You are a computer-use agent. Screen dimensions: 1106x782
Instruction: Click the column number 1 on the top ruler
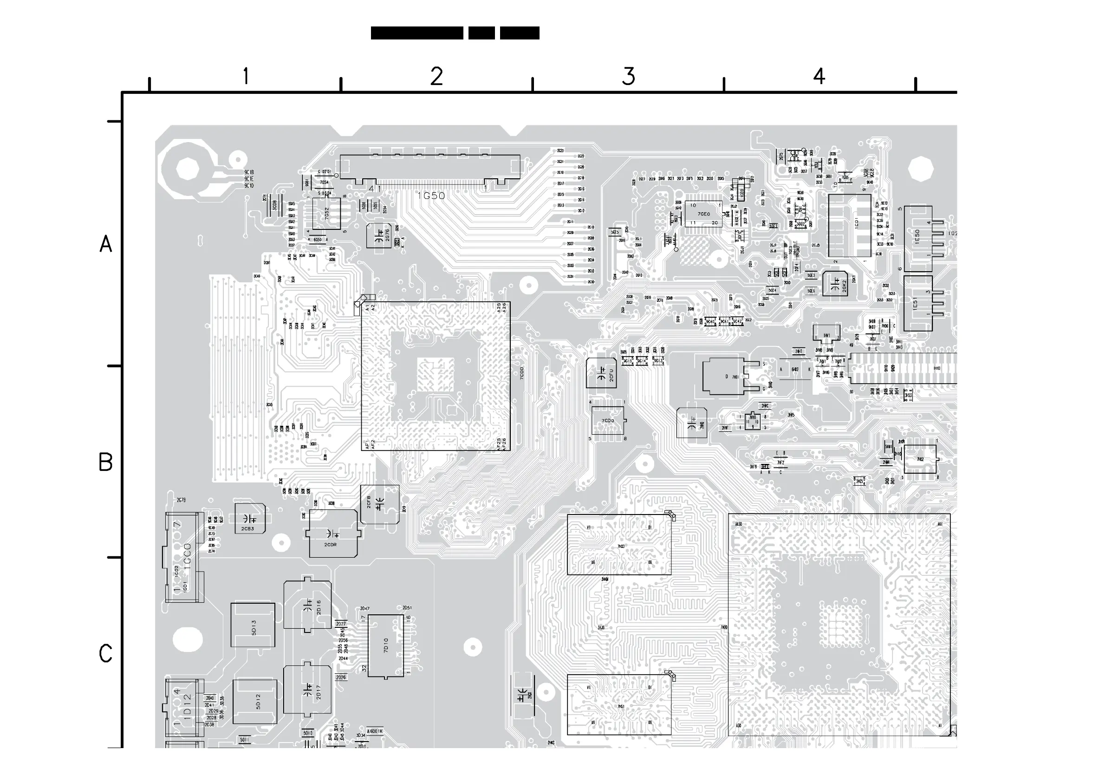click(x=246, y=76)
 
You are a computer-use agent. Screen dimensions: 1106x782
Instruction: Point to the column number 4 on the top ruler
click(x=819, y=76)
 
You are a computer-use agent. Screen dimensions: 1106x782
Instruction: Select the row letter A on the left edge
click(x=105, y=244)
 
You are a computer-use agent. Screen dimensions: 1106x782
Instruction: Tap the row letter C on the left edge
click(x=105, y=653)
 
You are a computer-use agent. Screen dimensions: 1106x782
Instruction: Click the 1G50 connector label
click(x=431, y=195)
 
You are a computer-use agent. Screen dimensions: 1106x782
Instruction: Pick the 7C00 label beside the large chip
click(x=522, y=372)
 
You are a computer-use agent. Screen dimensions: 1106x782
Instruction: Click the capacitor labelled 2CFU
click(x=601, y=373)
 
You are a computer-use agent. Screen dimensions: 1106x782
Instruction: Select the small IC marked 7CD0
click(x=607, y=420)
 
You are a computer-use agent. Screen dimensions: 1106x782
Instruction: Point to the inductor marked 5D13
click(x=253, y=626)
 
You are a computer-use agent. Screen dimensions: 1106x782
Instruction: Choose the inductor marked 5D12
click(x=255, y=702)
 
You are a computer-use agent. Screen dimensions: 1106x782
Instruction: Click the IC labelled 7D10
click(x=385, y=645)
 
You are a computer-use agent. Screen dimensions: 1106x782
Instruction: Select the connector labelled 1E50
click(x=917, y=238)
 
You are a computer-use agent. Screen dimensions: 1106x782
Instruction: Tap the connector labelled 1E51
click(x=917, y=304)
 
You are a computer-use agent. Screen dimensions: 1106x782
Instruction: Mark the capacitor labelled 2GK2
click(x=835, y=284)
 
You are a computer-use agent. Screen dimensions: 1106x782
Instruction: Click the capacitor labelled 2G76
click(x=379, y=235)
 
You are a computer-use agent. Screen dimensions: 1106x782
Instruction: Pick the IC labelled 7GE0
click(x=704, y=214)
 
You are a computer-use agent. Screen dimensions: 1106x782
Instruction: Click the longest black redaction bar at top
click(x=417, y=33)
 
